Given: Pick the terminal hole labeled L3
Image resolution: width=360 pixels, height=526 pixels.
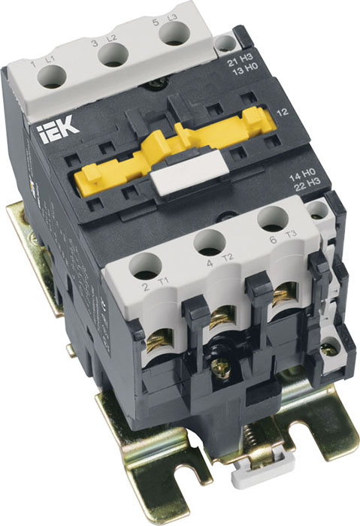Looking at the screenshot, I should [x=174, y=34].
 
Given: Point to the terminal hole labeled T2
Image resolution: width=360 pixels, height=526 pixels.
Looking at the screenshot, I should [x=210, y=242].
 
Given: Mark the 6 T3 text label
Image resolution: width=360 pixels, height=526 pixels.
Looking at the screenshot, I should [x=280, y=240].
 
